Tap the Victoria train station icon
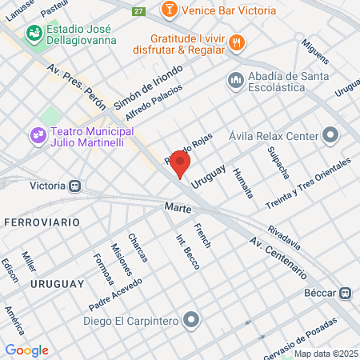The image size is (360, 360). tap(75, 185)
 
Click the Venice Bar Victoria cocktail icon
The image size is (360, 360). tap(170, 10)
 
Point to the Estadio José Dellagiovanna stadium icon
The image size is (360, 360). tap(34, 34)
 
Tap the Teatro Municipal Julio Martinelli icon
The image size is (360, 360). tap(37, 135)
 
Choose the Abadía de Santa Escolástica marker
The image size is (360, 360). tap(235, 80)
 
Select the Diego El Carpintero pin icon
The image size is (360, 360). tap(190, 322)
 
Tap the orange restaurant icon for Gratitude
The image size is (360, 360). tap(235, 42)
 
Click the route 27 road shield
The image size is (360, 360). tap(139, 10)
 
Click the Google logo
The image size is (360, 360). tap(27, 350)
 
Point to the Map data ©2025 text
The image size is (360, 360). tap(326, 354)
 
